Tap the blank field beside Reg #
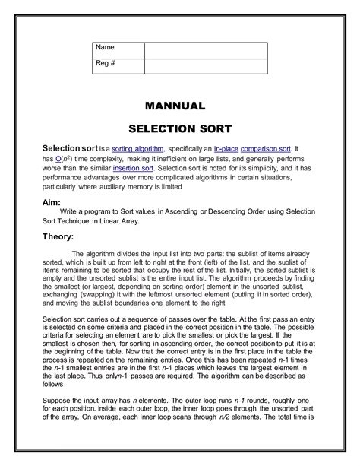pos(205,65)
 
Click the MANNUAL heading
pos(179,106)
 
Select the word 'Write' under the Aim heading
pos(68,212)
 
